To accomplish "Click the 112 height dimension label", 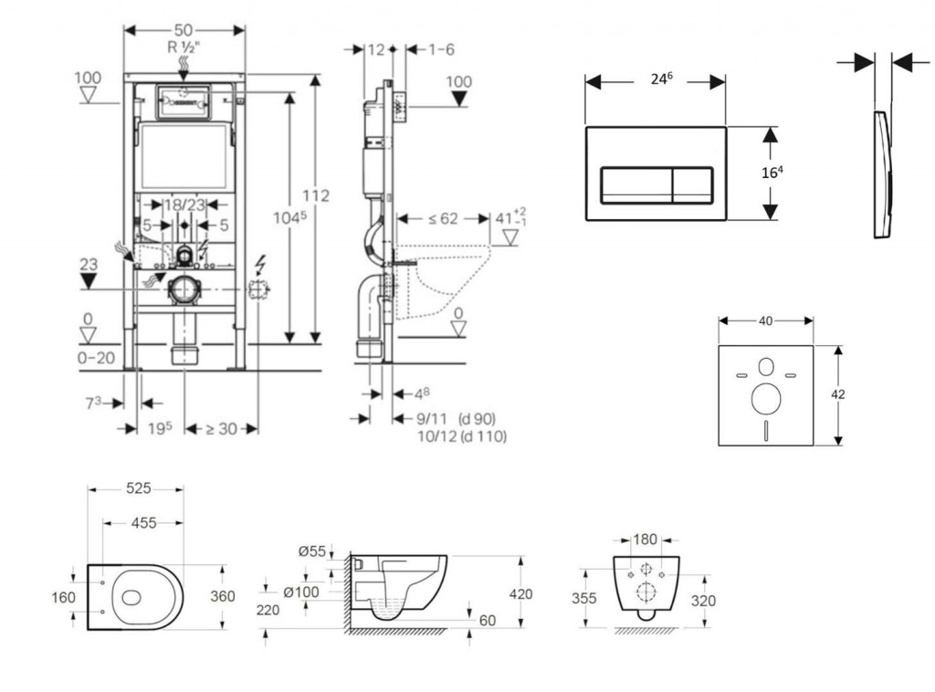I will click(x=316, y=195).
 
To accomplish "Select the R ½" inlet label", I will click(x=184, y=47).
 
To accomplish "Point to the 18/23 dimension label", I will click(x=184, y=206).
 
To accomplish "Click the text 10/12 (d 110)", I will click(x=460, y=436).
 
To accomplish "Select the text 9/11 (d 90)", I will click(x=457, y=419).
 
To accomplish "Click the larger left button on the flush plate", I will click(x=636, y=185).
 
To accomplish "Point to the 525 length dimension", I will click(x=137, y=489).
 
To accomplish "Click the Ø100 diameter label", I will click(x=300, y=592).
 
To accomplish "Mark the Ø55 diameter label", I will click(x=311, y=550).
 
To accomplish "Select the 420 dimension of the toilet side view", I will click(x=520, y=594).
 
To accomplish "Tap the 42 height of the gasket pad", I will click(x=838, y=394).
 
